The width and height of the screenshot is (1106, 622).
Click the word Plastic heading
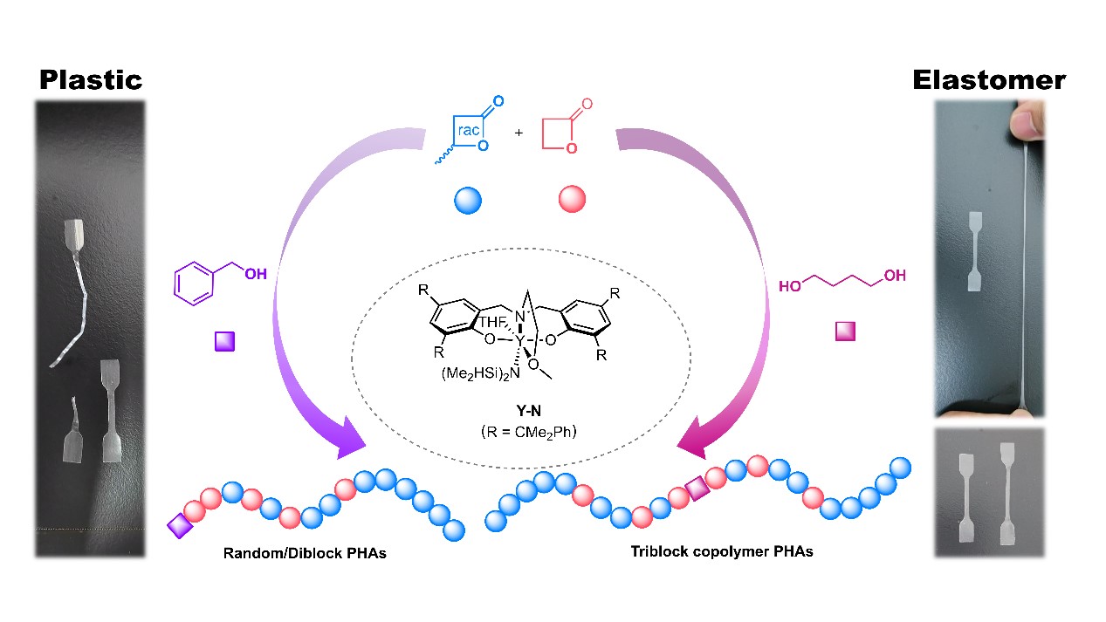coord(91,80)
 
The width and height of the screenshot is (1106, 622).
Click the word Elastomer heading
coord(989,81)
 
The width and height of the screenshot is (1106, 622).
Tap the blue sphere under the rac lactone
coord(468,201)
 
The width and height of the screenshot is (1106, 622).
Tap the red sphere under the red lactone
coord(572,200)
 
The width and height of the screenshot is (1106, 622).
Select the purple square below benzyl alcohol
coord(225,341)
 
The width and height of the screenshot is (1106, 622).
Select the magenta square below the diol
coord(845,332)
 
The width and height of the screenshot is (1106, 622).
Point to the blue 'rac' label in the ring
coord(469,130)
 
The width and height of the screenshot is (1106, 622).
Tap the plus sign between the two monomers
coord(519,133)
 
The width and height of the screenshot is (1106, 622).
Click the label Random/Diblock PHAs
coord(305,553)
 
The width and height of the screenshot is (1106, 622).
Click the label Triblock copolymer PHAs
coord(722,551)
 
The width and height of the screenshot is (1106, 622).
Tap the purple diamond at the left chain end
coord(180,525)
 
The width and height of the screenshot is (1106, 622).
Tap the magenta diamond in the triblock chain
coord(697,490)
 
